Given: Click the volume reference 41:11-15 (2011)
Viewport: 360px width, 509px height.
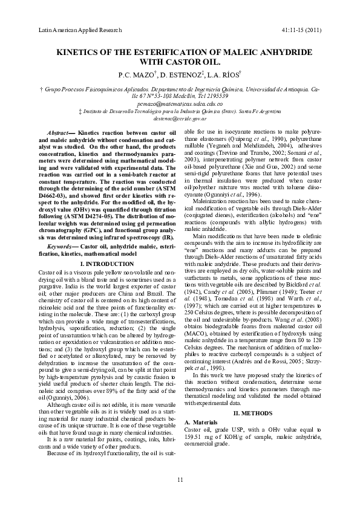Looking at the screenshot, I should click(301, 29).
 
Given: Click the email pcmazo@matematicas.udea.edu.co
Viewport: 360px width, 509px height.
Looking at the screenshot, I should click(180, 103).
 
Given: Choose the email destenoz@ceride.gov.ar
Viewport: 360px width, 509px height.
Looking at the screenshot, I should click(180, 119).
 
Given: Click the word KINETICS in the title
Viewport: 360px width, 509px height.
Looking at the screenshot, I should click(83, 52).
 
